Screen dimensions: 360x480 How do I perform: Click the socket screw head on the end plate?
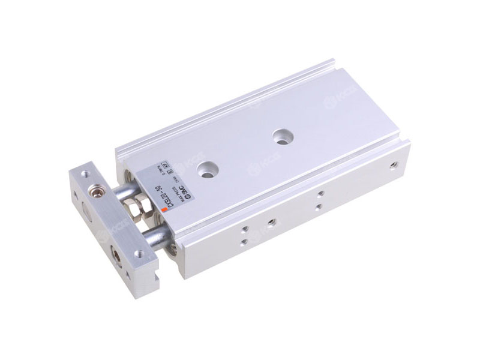click(x=94, y=193)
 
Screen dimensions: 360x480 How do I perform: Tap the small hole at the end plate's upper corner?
click(x=84, y=173)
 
